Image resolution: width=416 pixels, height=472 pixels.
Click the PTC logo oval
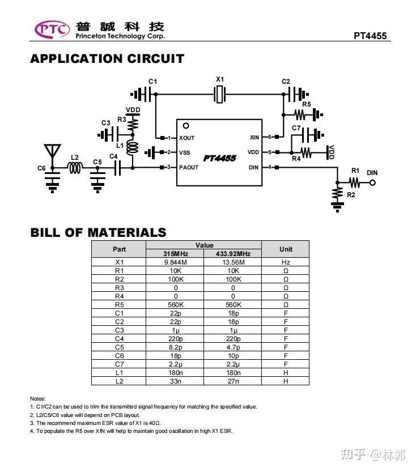pos(52,29)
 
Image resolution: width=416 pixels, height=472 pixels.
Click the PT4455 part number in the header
pos(370,36)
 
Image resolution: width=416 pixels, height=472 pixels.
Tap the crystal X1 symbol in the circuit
pos(220,94)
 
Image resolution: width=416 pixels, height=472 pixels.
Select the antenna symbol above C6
pos(52,151)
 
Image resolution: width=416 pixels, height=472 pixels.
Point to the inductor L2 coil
pos(75,168)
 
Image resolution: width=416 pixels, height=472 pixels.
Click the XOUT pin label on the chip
pos(186,138)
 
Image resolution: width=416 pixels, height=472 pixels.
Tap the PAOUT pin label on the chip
pos(189,167)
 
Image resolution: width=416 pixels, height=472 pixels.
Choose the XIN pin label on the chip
pos(254,138)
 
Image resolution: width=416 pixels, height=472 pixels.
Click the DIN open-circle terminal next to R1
pos(372,182)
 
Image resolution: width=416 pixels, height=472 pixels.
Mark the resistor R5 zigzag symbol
pos(300,114)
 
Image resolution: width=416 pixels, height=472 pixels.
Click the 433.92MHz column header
pos(233,254)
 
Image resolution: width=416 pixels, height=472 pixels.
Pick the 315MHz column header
pos(176,254)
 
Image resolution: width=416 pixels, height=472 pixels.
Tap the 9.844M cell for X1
pos(176,262)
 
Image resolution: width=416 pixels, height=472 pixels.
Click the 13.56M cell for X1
pos(234,262)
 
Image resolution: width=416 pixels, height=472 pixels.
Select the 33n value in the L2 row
pos(176,381)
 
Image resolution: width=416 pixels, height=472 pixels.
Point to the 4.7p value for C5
pos(234,347)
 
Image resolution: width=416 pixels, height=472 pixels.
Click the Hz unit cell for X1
pos(286,262)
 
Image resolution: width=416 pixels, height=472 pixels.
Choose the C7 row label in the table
pos(119,364)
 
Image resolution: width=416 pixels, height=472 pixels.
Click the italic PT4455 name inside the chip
pos(219,158)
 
